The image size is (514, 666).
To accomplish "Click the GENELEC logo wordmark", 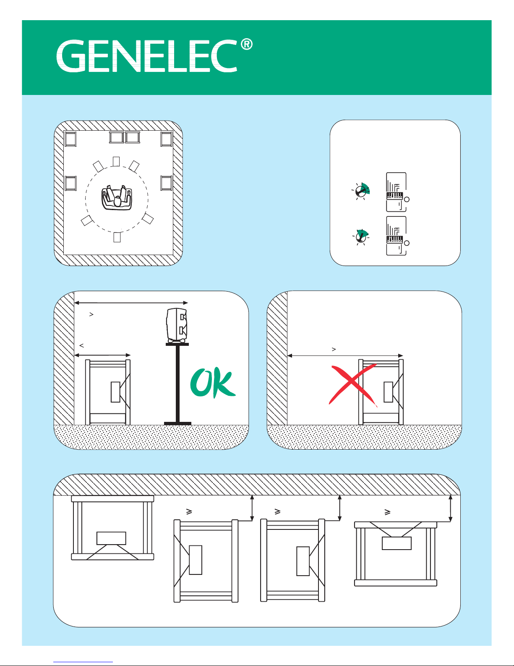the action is point(147,56).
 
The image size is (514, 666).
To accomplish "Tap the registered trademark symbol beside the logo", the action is point(247,45).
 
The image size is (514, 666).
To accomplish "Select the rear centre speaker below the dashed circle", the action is point(117,237).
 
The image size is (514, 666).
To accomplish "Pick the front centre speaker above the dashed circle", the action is point(116,161).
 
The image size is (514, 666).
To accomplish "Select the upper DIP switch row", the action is point(395,196).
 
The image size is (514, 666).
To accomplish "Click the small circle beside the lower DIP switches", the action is point(407,243).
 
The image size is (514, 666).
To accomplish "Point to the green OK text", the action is point(213,383).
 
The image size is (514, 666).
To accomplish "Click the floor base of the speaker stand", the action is point(177,423).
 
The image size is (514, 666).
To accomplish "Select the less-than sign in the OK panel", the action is point(82,345).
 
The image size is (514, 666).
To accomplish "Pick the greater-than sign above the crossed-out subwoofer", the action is point(334,349).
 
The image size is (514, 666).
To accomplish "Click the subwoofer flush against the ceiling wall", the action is point(112,528).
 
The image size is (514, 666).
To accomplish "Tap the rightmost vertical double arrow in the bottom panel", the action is point(450,508).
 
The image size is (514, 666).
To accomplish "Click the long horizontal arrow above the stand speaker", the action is point(131,303).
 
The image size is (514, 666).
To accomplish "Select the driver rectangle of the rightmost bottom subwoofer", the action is point(397,543).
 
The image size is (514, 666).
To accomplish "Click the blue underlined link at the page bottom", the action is point(83,662).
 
